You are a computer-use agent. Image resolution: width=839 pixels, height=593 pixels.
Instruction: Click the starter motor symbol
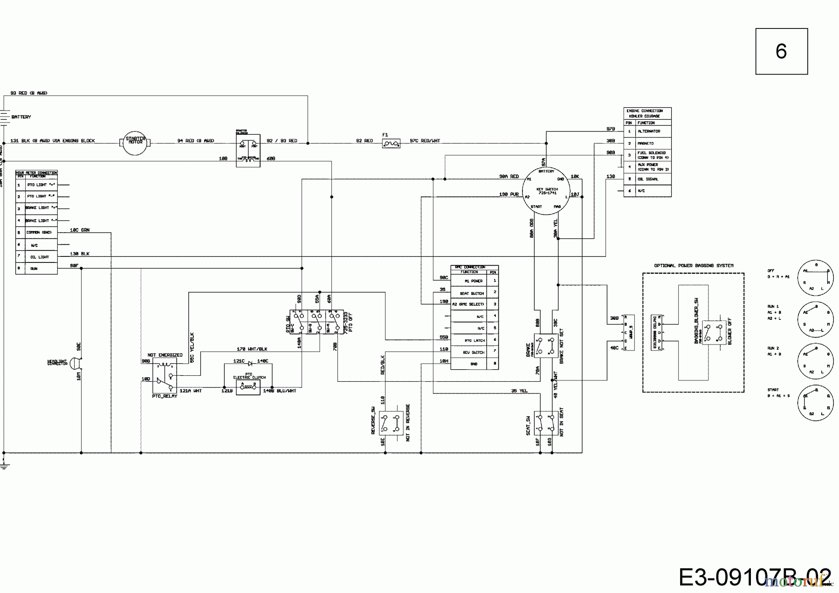(x=135, y=142)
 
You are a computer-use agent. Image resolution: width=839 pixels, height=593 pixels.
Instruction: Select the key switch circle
(x=546, y=191)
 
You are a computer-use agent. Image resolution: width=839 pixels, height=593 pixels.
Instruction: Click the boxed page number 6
(x=781, y=51)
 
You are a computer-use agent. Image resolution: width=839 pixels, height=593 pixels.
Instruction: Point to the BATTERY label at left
(x=21, y=117)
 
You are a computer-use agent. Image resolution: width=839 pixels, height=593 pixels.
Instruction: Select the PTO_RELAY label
(x=165, y=396)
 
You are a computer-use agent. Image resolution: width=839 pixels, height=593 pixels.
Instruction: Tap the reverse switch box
(x=391, y=423)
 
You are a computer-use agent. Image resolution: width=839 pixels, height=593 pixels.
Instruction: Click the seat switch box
(x=546, y=423)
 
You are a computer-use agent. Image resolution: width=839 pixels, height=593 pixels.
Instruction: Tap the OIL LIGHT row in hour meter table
(x=40, y=257)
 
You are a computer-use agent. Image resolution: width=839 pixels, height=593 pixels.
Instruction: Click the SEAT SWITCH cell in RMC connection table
(x=471, y=293)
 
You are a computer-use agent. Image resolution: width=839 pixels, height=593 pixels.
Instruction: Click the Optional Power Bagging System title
(x=694, y=266)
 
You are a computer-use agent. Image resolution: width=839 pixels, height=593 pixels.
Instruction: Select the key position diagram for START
(x=815, y=402)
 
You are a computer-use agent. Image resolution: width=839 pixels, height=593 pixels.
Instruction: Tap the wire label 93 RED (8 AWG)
(x=29, y=93)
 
